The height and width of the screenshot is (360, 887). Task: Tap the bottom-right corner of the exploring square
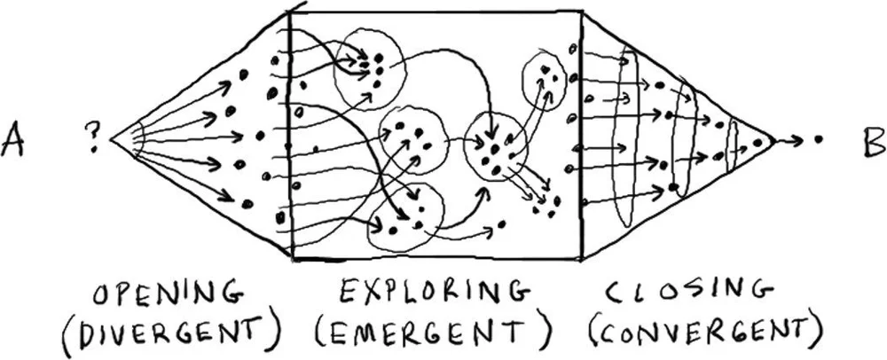pos(580,258)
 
